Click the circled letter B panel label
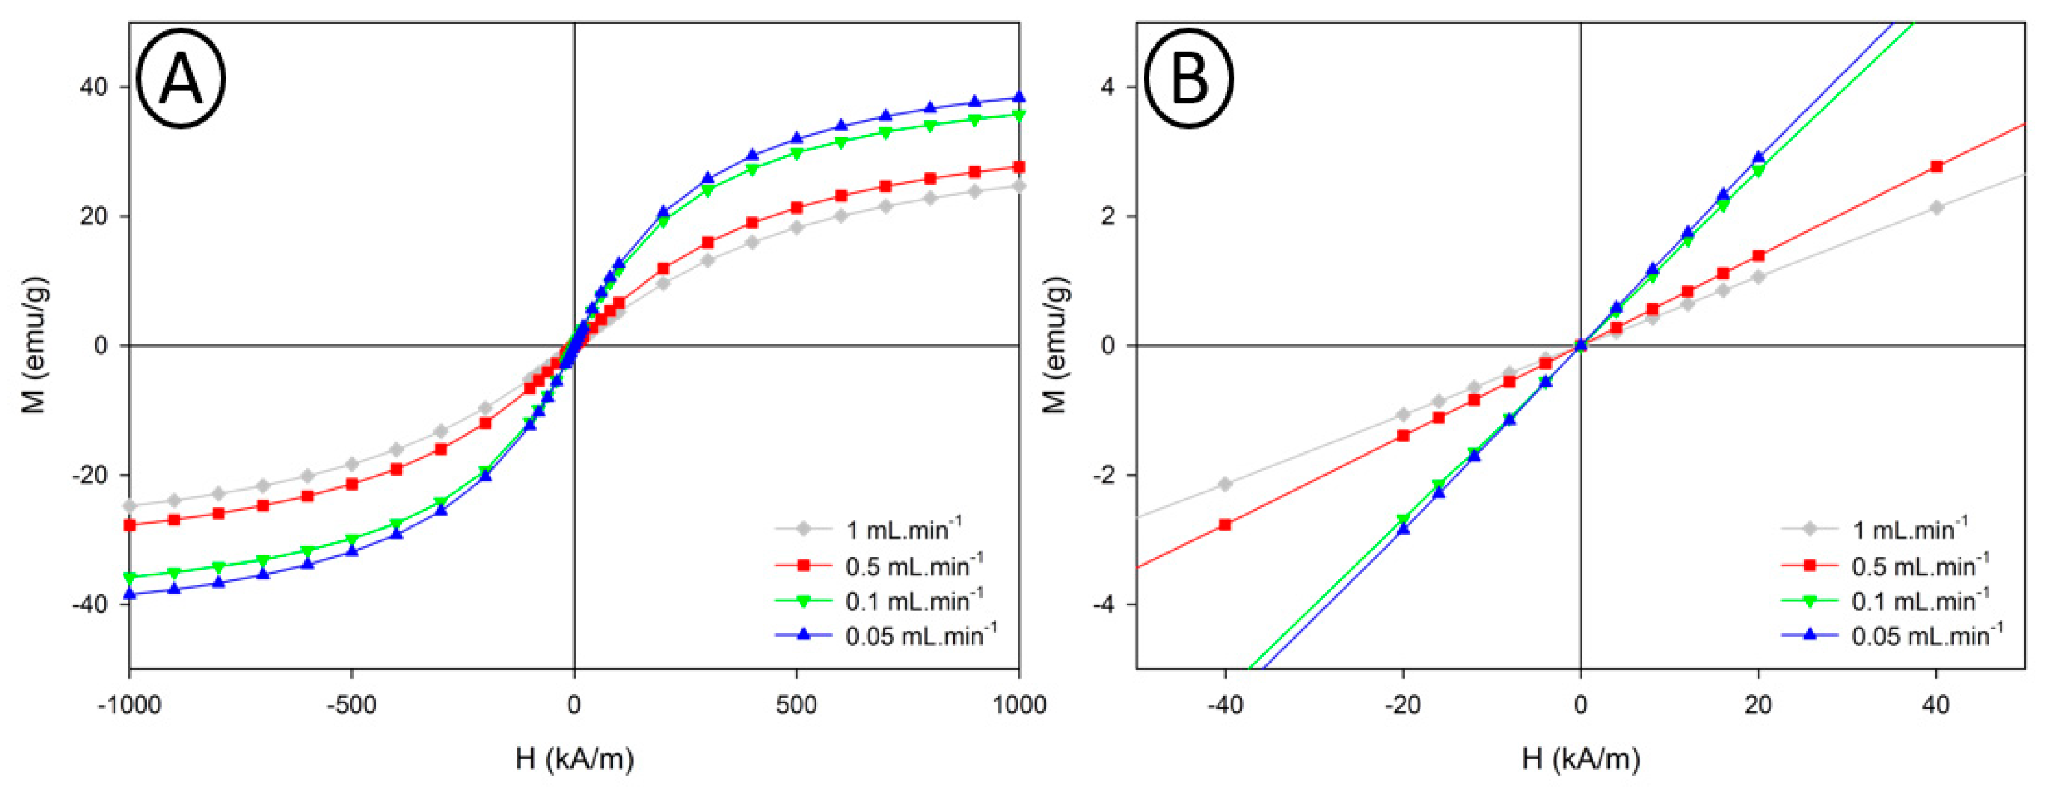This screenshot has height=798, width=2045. coord(1188,79)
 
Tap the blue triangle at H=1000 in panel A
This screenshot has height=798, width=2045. coord(1019,98)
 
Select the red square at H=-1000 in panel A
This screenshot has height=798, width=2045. coord(130,525)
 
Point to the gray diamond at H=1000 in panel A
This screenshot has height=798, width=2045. coord(1019,186)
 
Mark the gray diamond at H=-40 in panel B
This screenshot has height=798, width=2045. coord(1225,484)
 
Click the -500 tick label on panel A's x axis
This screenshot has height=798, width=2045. coord(351,705)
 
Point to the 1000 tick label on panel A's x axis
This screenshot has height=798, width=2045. coord(1019,705)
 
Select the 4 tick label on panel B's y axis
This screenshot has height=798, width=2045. coord(1108,87)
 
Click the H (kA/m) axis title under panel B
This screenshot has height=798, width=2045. coord(1580,759)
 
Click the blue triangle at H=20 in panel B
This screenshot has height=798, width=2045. coord(1758,158)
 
